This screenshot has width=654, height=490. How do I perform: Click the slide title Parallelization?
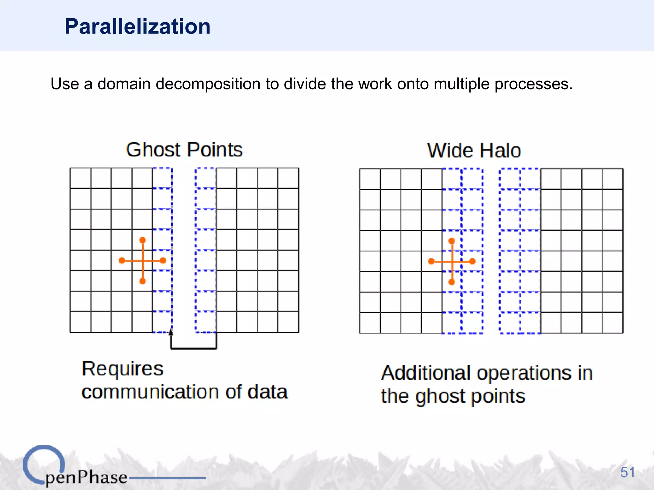coord(138,26)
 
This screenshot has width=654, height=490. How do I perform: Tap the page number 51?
coord(627,472)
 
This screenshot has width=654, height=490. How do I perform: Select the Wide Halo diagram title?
coord(474,150)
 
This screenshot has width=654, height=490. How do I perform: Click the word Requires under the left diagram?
coord(122,369)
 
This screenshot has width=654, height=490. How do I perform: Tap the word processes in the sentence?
coord(534,84)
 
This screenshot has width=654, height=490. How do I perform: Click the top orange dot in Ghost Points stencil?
coord(142,240)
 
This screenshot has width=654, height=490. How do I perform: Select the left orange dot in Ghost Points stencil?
coord(122,261)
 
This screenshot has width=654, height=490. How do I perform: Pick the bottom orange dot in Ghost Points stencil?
coord(142,281)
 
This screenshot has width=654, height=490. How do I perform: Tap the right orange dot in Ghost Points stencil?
coord(163,261)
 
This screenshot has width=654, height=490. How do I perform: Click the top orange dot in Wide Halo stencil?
coord(452,241)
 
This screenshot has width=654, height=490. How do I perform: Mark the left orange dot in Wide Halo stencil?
coord(431,262)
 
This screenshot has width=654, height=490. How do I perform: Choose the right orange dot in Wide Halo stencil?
coord(472,262)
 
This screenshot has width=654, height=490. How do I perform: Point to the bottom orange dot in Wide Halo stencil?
coord(452,282)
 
